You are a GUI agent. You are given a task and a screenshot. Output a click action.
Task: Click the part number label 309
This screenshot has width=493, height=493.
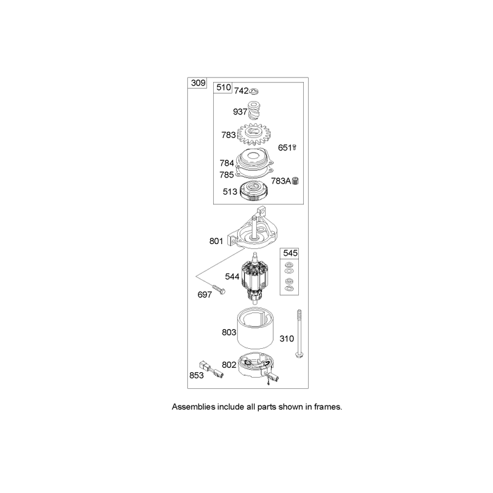click(198, 83)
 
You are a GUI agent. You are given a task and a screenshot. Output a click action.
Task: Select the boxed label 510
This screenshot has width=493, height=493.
click(224, 88)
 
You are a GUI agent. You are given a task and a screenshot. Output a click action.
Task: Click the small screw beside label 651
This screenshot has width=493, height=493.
click(295, 147)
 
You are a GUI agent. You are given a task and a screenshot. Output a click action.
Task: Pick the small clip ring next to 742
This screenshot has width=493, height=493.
click(254, 91)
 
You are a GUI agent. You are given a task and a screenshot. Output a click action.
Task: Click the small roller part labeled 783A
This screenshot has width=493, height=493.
click(295, 181)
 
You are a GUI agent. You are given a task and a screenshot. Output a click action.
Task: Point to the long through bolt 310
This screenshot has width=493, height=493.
click(299, 333)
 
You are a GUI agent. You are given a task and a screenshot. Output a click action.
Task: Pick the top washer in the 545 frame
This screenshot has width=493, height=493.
click(288, 265)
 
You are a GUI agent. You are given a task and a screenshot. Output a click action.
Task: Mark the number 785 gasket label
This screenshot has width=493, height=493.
click(227, 175)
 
